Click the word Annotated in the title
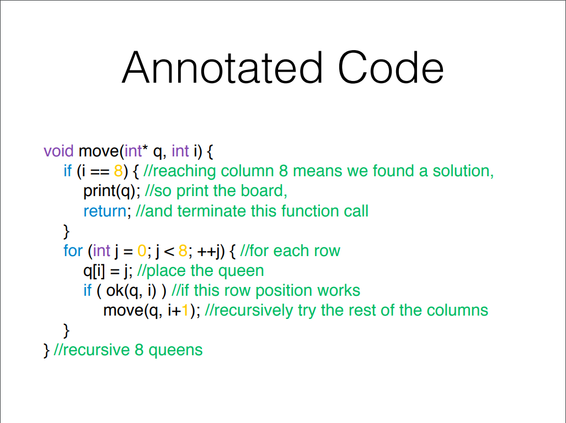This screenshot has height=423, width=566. pos(222,67)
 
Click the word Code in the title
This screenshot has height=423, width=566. pos(391,67)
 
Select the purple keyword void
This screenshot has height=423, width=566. pos(58,151)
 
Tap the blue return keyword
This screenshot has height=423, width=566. pos(105,211)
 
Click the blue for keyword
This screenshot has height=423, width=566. pos(73,251)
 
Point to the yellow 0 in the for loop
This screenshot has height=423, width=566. pos(142,251)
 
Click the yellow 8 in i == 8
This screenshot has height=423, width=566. pos(119,171)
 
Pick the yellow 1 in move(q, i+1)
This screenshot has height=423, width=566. pos(185,311)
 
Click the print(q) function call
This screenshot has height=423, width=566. pos(109,191)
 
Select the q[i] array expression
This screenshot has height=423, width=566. pos(94,271)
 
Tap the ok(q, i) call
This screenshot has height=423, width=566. pos(131,291)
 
